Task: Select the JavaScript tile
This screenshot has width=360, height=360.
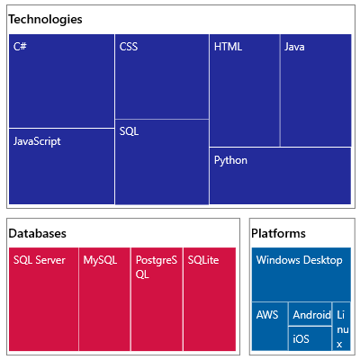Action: (61, 166)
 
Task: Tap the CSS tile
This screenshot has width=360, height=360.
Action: (162, 76)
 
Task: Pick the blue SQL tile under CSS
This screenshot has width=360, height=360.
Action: (162, 162)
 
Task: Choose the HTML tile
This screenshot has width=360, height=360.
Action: (244, 90)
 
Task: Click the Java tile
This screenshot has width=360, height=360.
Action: (315, 90)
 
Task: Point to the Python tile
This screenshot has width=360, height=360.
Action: (280, 175)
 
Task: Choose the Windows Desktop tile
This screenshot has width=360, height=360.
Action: (300, 274)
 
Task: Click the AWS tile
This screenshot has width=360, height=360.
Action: (269, 326)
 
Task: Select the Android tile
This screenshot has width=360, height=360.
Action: (311, 315)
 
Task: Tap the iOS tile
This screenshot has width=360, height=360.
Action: (311, 339)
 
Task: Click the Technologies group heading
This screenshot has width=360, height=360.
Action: (45, 19)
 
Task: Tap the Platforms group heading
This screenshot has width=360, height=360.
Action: (278, 233)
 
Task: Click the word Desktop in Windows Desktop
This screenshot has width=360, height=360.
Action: (323, 260)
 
